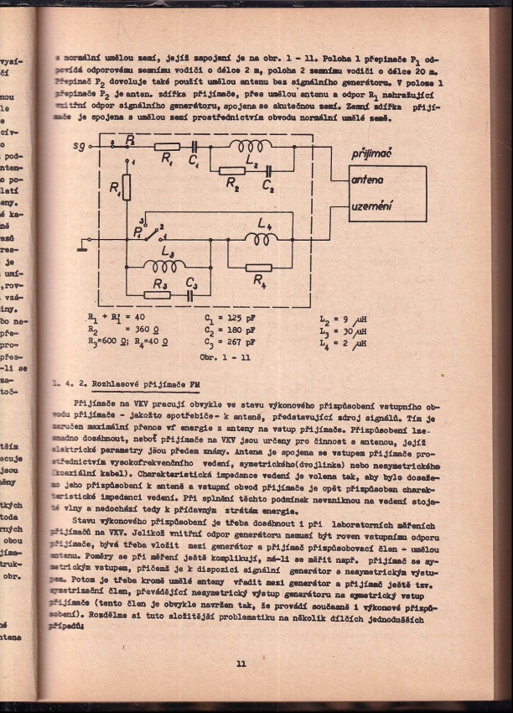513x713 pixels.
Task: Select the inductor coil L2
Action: [x=252, y=146]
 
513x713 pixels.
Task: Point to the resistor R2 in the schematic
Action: [x=232, y=171]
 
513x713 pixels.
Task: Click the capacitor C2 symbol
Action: [x=267, y=171]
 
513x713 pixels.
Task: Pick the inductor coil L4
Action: [x=262, y=238]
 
